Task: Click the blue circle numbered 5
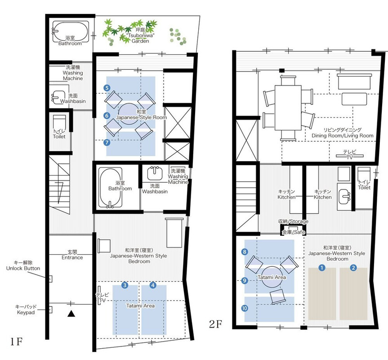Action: tap(107, 88)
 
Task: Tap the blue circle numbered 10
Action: tap(245, 308)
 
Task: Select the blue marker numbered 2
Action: tap(353, 267)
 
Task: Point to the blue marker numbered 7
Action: tap(107, 142)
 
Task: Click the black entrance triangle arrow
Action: tap(71, 314)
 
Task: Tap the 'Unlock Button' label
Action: tap(23, 268)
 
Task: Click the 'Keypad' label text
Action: tap(26, 312)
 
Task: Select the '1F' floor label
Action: tap(16, 342)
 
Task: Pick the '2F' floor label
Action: tap(215, 324)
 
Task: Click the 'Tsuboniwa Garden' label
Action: tap(140, 38)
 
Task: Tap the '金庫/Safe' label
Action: tap(294, 232)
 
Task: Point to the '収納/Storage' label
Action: tap(293, 221)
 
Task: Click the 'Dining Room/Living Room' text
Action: tap(343, 136)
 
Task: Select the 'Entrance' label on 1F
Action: tap(72, 257)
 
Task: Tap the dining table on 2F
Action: tap(288, 108)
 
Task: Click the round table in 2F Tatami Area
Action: tap(272, 277)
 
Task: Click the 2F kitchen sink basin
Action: tap(344, 197)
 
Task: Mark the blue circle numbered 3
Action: tap(125, 285)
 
